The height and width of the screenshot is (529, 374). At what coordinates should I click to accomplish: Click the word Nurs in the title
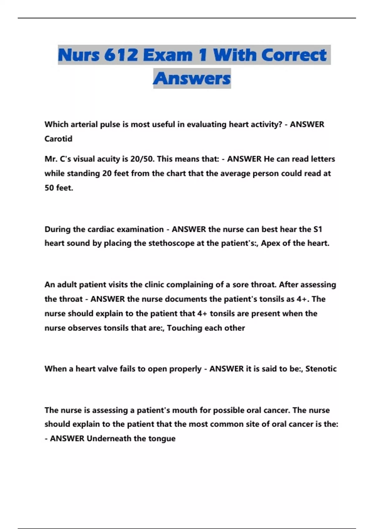pyautogui.click(x=79, y=55)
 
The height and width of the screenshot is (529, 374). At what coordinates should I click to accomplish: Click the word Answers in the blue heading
pyautogui.click(x=192, y=78)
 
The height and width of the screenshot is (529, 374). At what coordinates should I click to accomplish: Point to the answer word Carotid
pyautogui.click(x=58, y=139)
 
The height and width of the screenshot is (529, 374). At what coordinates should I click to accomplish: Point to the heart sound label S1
pyautogui.click(x=317, y=229)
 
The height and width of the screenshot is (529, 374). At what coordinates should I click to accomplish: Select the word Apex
pyautogui.click(x=271, y=243)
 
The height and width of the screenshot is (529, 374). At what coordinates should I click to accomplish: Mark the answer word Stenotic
pyautogui.click(x=321, y=369)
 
